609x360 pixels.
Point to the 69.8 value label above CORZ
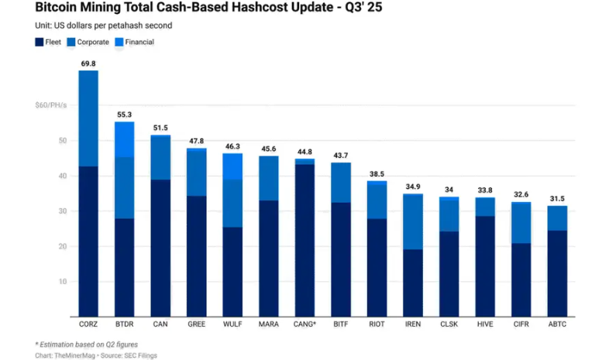[x=88, y=63]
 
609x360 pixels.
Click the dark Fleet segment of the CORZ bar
[x=88, y=240]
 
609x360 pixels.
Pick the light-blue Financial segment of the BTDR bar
[x=125, y=139]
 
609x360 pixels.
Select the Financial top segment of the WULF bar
[x=232, y=166]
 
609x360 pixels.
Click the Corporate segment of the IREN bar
[x=412, y=221]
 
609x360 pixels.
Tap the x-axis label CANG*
[x=304, y=324]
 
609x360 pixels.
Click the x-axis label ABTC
[x=556, y=324]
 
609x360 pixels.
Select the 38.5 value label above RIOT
[x=377, y=174]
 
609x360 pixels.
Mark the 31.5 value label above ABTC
[x=556, y=199]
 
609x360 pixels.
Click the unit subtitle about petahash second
[x=104, y=26]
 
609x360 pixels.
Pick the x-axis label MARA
[x=269, y=324]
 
